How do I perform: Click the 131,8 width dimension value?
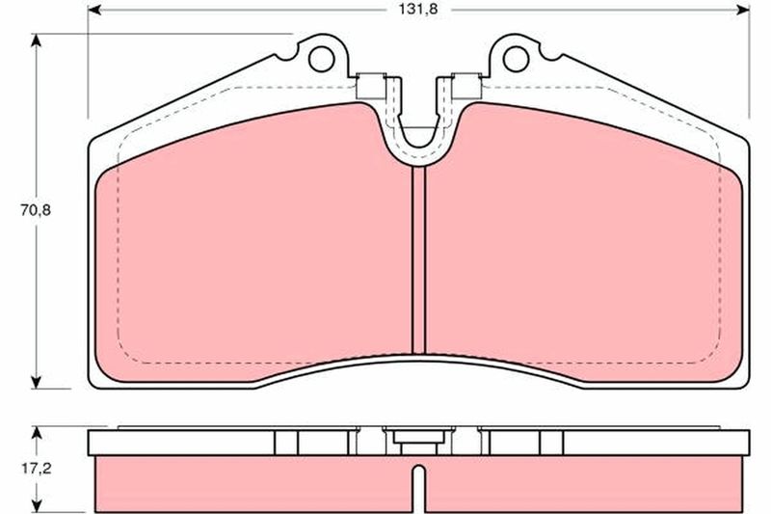tap(418, 10)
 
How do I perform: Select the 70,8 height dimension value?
tap(36, 210)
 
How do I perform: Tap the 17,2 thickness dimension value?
tap(36, 469)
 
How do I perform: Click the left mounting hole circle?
tap(322, 59)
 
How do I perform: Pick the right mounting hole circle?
tap(516, 59)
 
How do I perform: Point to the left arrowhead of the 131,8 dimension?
tap(94, 10)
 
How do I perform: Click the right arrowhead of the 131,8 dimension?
tap(743, 10)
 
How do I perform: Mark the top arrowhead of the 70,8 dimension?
tap(36, 41)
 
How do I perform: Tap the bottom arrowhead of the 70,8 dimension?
tap(36, 382)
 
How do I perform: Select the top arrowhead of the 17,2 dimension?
tap(36, 433)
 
